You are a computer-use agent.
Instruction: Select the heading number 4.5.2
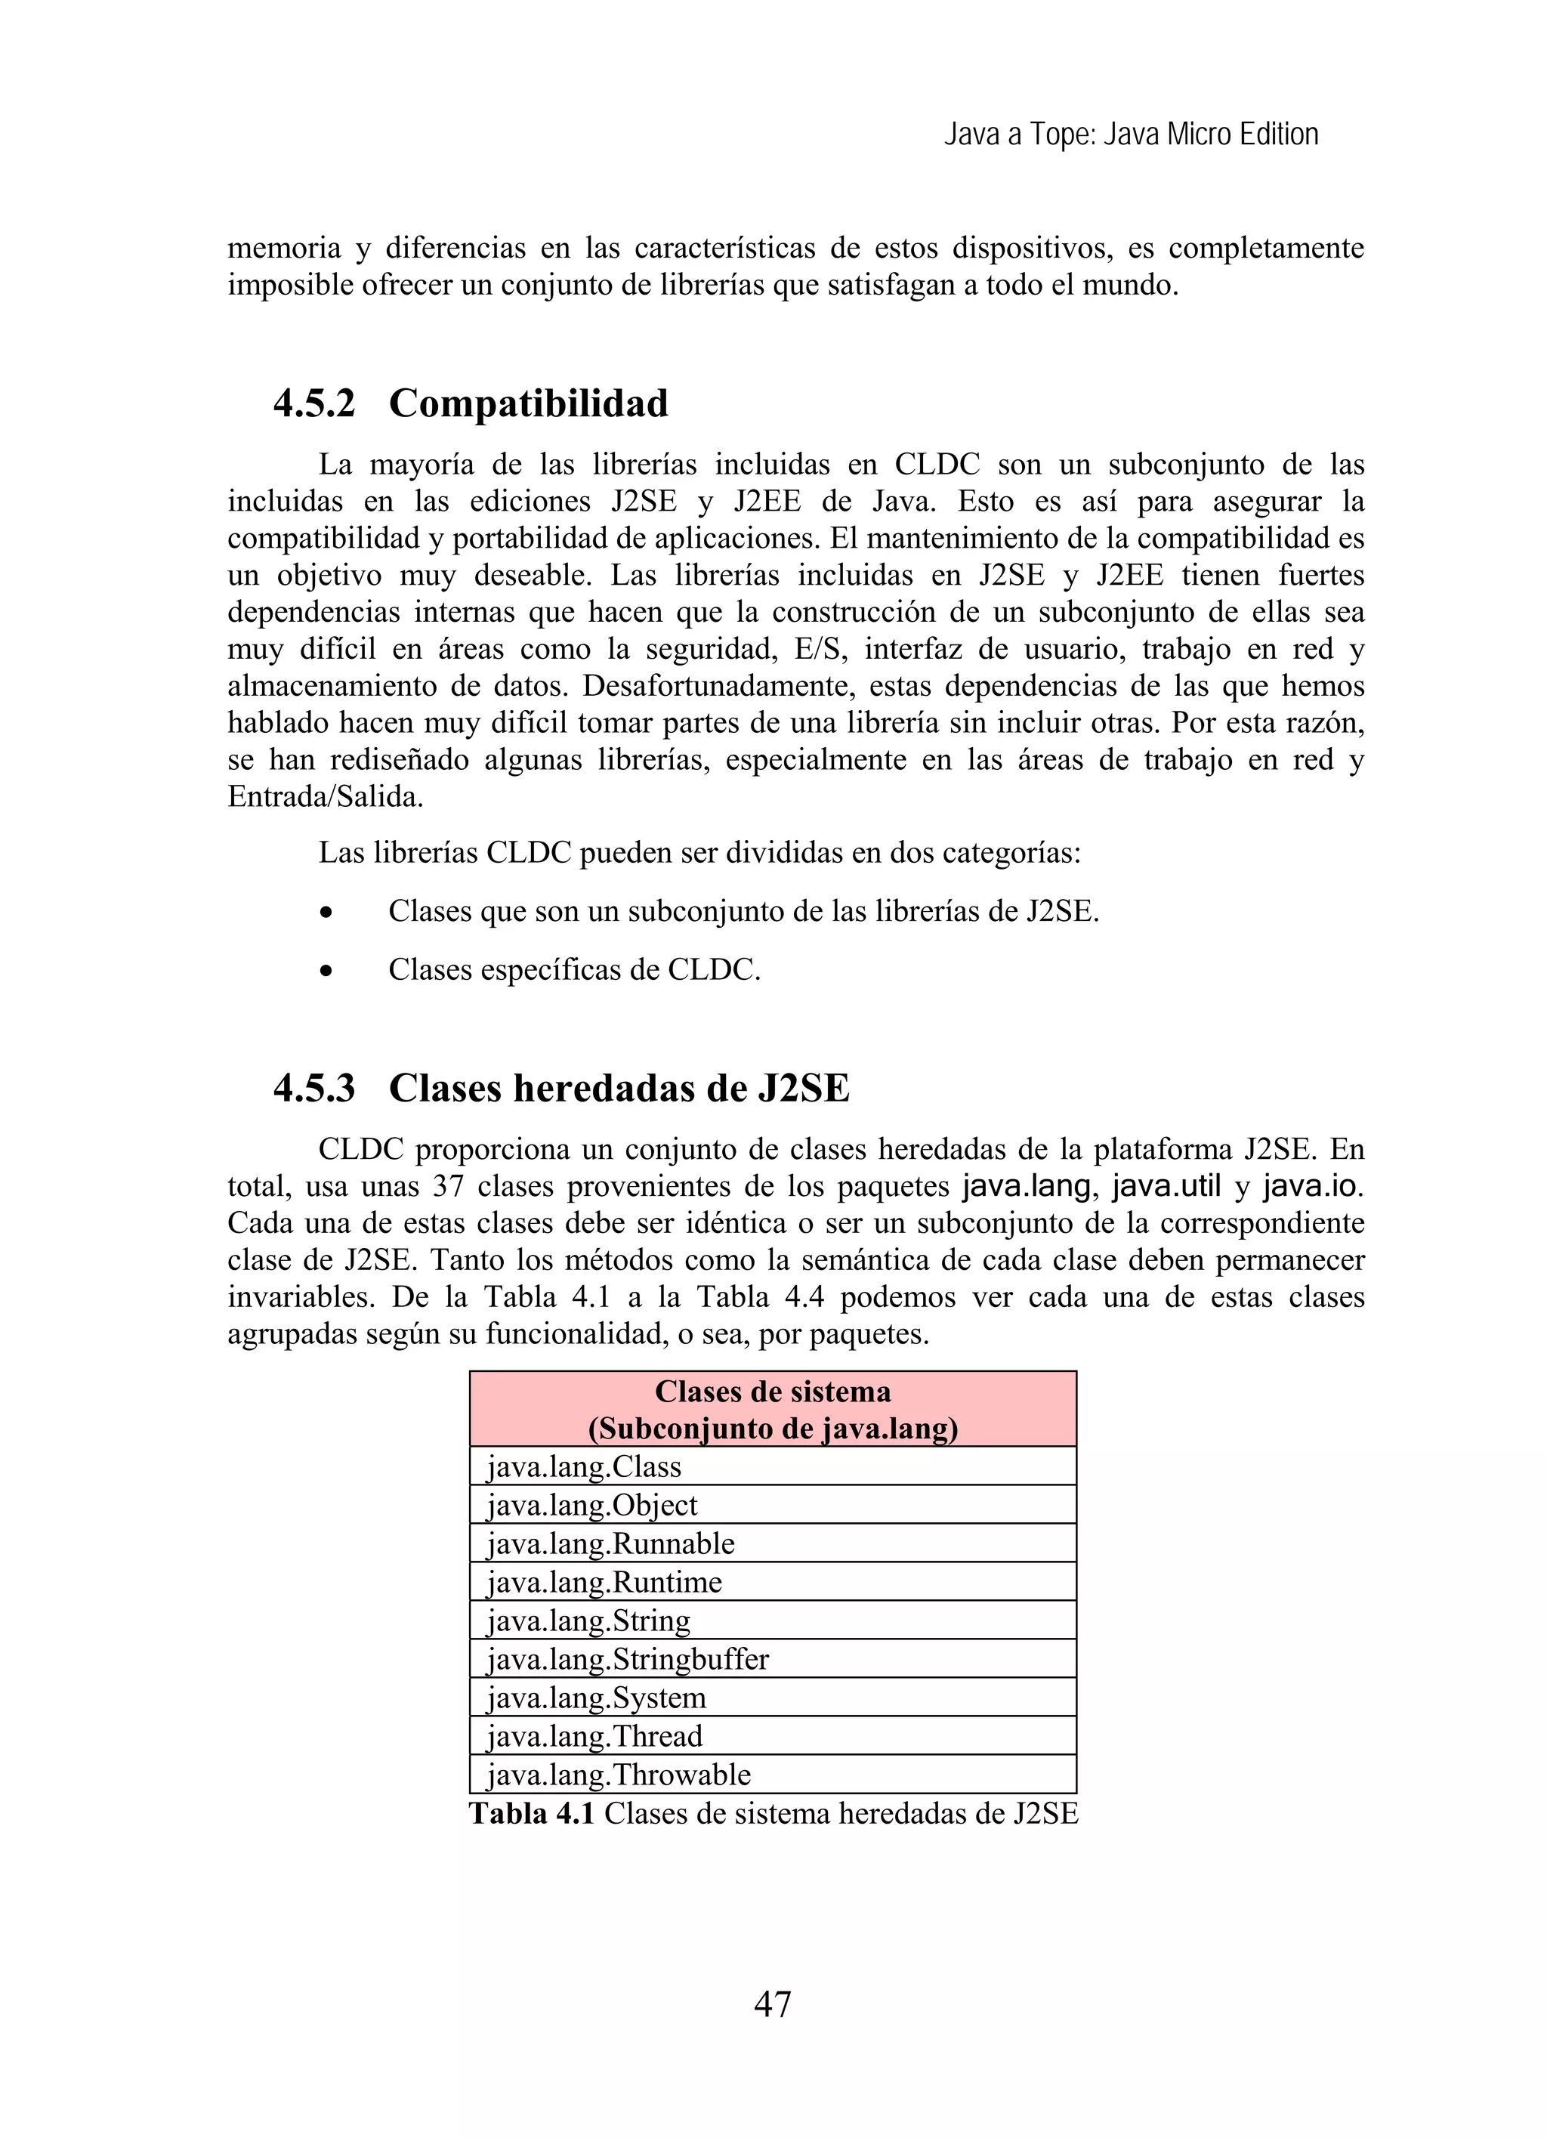tap(314, 403)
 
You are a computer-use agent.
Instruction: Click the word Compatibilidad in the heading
tap(528, 403)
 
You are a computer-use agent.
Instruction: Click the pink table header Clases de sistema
tap(772, 1409)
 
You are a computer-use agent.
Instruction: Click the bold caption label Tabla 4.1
tap(532, 1814)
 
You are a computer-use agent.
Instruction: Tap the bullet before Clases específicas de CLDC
tap(326, 970)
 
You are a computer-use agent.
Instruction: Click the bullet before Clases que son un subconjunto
tap(326, 913)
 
